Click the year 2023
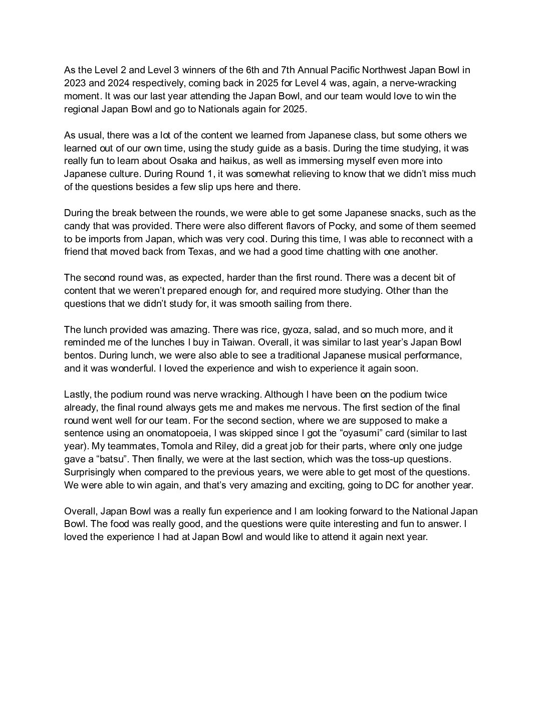click(x=75, y=83)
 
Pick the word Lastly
click(x=77, y=394)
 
